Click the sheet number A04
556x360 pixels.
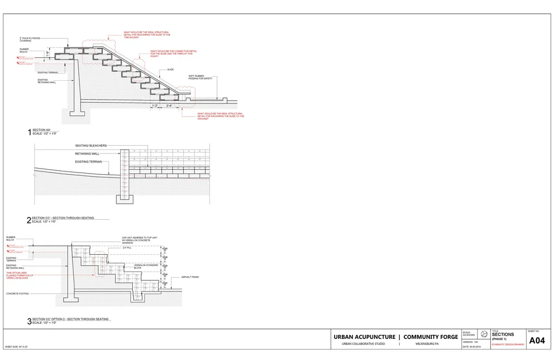(x=537, y=341)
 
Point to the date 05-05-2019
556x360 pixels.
(x=473, y=347)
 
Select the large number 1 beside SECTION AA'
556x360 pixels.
(x=29, y=132)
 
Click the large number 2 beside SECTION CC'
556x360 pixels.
(x=29, y=220)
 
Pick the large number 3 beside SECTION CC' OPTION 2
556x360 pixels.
(x=29, y=321)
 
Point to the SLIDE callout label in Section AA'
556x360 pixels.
(x=170, y=70)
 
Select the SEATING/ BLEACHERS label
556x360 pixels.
(x=91, y=146)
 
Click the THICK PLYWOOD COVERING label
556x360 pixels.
(x=27, y=40)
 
